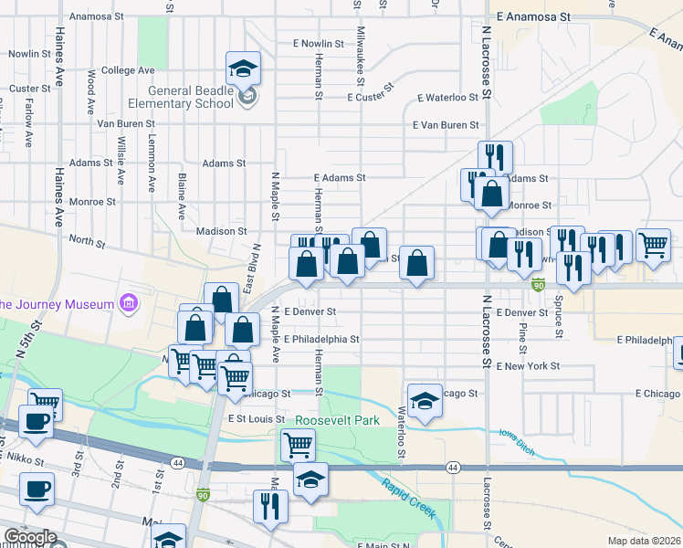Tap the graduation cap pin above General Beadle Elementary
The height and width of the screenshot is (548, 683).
[x=244, y=68]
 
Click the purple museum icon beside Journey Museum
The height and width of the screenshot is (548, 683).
[x=129, y=303]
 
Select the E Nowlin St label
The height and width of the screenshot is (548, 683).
[x=318, y=43]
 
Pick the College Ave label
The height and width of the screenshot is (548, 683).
[x=128, y=70]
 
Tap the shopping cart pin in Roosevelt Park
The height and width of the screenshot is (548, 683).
[x=298, y=446]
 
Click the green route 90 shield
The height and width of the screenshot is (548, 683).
[x=539, y=286]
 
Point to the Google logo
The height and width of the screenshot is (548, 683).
[x=30, y=537]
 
